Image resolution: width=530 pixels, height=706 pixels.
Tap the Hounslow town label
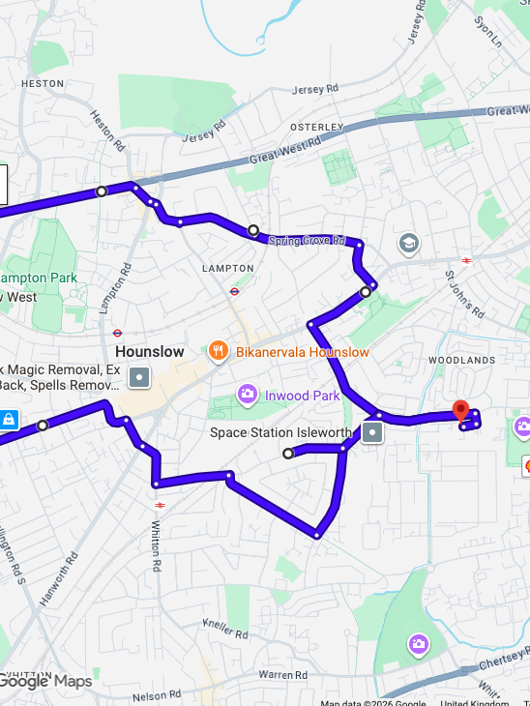(x=149, y=352)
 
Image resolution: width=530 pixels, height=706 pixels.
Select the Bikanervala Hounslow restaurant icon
(x=220, y=352)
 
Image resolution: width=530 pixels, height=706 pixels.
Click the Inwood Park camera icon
(x=248, y=395)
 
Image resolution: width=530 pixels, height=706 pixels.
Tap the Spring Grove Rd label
(x=307, y=240)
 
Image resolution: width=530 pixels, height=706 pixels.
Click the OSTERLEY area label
(x=317, y=127)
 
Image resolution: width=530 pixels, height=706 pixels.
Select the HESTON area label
(x=42, y=83)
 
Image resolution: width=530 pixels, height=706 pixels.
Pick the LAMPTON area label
(x=227, y=268)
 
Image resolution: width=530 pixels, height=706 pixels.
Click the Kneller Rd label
(x=225, y=629)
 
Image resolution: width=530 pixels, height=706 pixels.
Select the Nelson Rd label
(x=156, y=694)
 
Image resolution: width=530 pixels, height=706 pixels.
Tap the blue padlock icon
(x=8, y=420)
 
